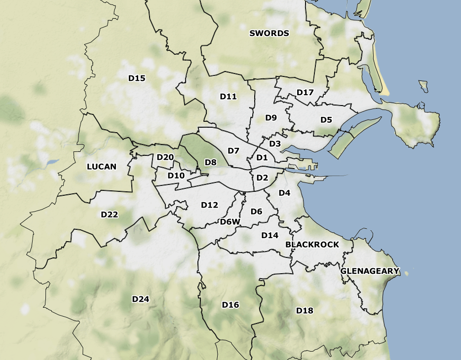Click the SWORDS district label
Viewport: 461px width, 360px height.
point(269,34)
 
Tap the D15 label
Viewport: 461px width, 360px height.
point(137,78)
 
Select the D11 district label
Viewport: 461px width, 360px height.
point(229,97)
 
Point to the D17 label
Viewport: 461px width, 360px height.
point(305,92)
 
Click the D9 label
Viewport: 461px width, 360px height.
point(271,117)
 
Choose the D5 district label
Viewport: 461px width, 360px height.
point(326,119)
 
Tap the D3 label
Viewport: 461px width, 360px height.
point(275,144)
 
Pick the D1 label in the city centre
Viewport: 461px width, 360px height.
point(262,158)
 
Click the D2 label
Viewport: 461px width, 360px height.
point(262,178)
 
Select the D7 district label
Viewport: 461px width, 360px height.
point(233,150)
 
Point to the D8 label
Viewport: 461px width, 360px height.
point(211,162)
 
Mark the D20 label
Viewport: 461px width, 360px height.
point(165,157)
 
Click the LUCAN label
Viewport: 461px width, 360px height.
point(102,167)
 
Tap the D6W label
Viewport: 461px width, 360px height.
point(230,222)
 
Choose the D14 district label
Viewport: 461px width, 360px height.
point(270,235)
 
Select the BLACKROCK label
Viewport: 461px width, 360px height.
point(312,245)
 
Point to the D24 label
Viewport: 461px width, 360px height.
point(141,299)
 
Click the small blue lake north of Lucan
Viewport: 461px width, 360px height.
point(51,162)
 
